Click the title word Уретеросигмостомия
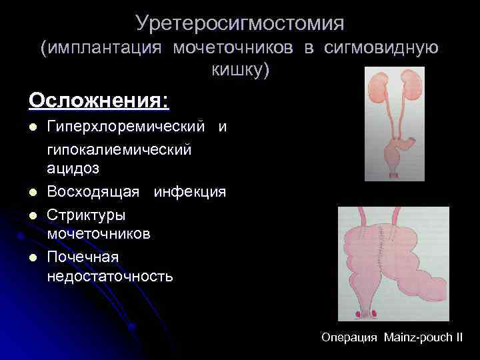pyautogui.click(x=239, y=24)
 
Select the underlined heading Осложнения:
pyautogui.click(x=99, y=101)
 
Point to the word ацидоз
pyautogui.click(x=73, y=169)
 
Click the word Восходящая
pyautogui.click(x=93, y=192)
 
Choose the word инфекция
pyautogui.click(x=189, y=192)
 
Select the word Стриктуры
pyautogui.click(x=86, y=215)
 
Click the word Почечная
pyautogui.click(x=83, y=257)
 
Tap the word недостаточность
pyautogui.click(x=109, y=275)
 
